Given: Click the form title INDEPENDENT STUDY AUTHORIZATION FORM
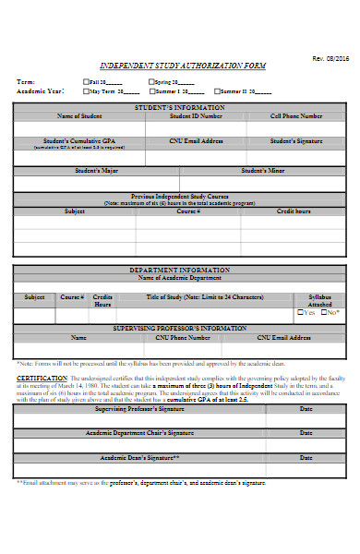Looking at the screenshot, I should click(x=181, y=67).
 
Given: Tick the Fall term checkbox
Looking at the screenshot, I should click(x=85, y=81).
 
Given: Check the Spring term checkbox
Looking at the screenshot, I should click(x=150, y=81).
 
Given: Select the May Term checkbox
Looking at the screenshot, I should click(x=85, y=91).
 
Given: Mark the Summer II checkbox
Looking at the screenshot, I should click(x=216, y=91).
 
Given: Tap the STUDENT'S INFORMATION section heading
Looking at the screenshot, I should click(x=180, y=108).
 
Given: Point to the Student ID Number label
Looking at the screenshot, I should click(x=195, y=116).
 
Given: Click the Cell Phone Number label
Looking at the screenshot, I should click(x=295, y=116).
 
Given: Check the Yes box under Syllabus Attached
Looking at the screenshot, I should click(x=300, y=313).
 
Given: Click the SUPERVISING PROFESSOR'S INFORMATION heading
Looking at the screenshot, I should click(x=180, y=328).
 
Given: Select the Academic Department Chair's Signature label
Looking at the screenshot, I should click(x=139, y=432).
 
